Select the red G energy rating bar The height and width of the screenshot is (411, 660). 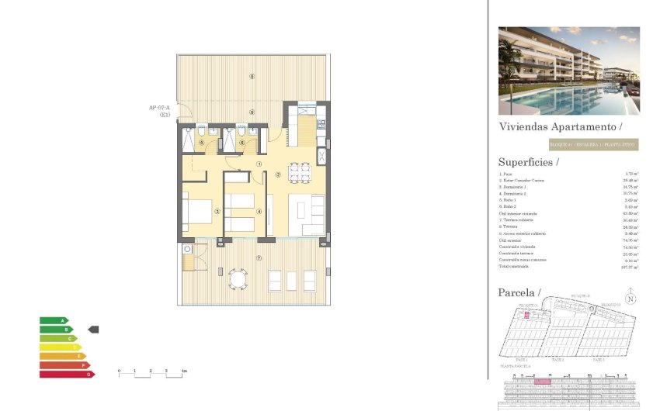click(x=67, y=374)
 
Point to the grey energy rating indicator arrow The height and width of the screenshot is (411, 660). click(x=94, y=330)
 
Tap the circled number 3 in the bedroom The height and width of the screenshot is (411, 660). click(x=218, y=211)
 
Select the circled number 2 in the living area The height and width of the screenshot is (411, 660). click(x=277, y=174)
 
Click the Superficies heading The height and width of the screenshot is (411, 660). click(x=527, y=162)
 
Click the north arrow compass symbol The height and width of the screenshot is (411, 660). click(x=631, y=299)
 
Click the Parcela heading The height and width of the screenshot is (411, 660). click(x=518, y=292)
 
